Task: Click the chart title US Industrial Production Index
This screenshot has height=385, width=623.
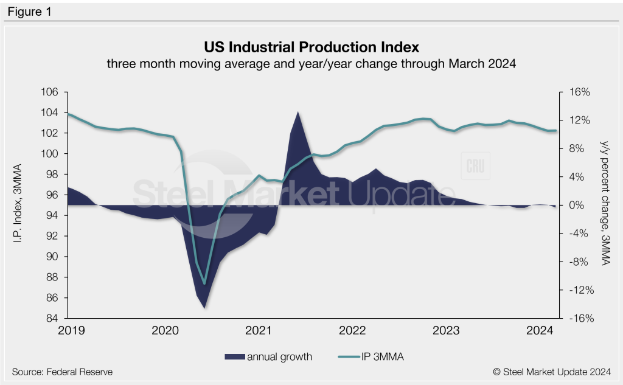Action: (x=311, y=47)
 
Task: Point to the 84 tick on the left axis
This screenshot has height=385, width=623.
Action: (x=52, y=318)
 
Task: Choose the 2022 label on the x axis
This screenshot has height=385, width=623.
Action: (x=351, y=330)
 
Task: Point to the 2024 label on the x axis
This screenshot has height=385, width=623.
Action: (x=539, y=330)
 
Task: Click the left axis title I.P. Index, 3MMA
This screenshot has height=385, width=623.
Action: (x=18, y=205)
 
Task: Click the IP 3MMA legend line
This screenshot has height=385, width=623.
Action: (x=347, y=357)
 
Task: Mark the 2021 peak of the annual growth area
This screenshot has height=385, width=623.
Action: (x=297, y=113)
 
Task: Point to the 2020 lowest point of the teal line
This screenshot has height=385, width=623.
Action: (x=204, y=284)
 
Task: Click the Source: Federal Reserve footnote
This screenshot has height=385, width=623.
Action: (x=62, y=372)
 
